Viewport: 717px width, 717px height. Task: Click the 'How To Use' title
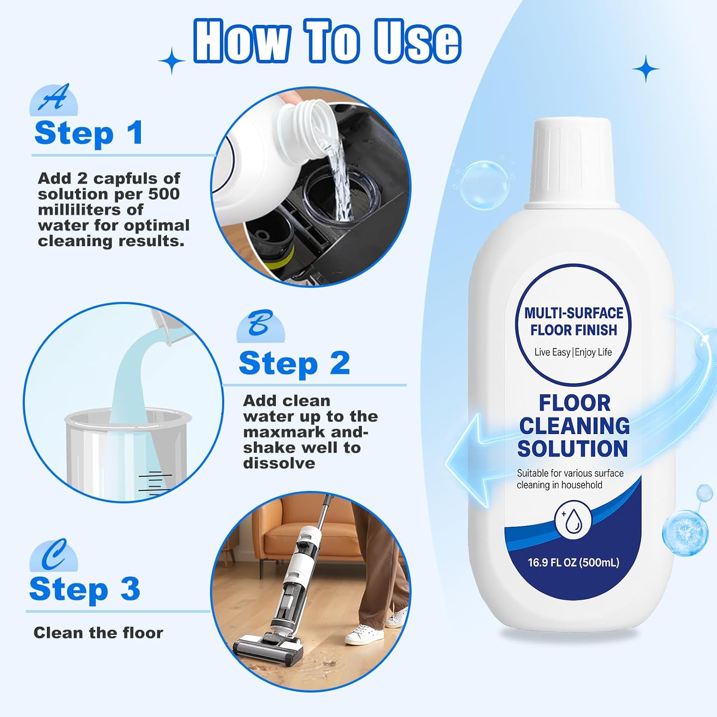pyautogui.click(x=327, y=41)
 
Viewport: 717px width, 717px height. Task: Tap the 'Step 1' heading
pyautogui.click(x=89, y=133)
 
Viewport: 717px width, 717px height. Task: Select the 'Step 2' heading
pyautogui.click(x=294, y=363)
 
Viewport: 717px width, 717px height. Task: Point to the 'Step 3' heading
pyautogui.click(x=85, y=589)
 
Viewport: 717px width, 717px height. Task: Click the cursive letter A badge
pyautogui.click(x=54, y=99)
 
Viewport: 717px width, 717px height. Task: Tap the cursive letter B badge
pyautogui.click(x=261, y=325)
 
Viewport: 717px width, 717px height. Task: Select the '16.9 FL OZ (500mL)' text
pyautogui.click(x=573, y=563)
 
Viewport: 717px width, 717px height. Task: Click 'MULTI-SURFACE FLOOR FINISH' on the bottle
pyautogui.click(x=574, y=321)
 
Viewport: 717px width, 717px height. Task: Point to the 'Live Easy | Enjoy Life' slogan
pyautogui.click(x=573, y=352)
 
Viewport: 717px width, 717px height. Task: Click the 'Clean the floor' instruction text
pyautogui.click(x=98, y=633)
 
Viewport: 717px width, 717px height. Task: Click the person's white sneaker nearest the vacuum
pyautogui.click(x=364, y=635)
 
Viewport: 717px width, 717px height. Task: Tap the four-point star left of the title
pyautogui.click(x=172, y=61)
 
